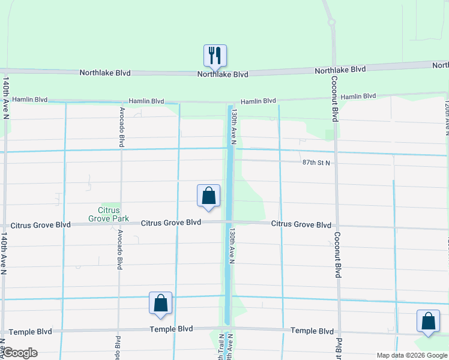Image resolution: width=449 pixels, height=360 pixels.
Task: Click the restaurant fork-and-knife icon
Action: [214, 56]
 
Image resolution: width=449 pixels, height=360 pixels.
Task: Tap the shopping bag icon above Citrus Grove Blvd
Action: [208, 196]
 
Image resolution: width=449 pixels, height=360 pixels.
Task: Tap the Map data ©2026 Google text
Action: [411, 355]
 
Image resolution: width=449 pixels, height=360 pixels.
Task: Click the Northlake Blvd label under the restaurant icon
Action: [223, 74]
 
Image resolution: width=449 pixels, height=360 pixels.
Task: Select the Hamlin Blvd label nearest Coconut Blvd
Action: [358, 96]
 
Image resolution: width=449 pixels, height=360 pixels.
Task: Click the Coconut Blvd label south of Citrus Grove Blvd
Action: [338, 254]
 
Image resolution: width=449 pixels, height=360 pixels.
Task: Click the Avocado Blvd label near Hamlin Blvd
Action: [122, 127]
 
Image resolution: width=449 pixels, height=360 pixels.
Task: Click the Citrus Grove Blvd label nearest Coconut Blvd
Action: [301, 224]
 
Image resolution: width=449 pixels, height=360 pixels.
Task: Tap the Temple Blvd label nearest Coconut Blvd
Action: [312, 331]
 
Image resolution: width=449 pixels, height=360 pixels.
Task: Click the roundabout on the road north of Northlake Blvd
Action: [331, 23]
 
